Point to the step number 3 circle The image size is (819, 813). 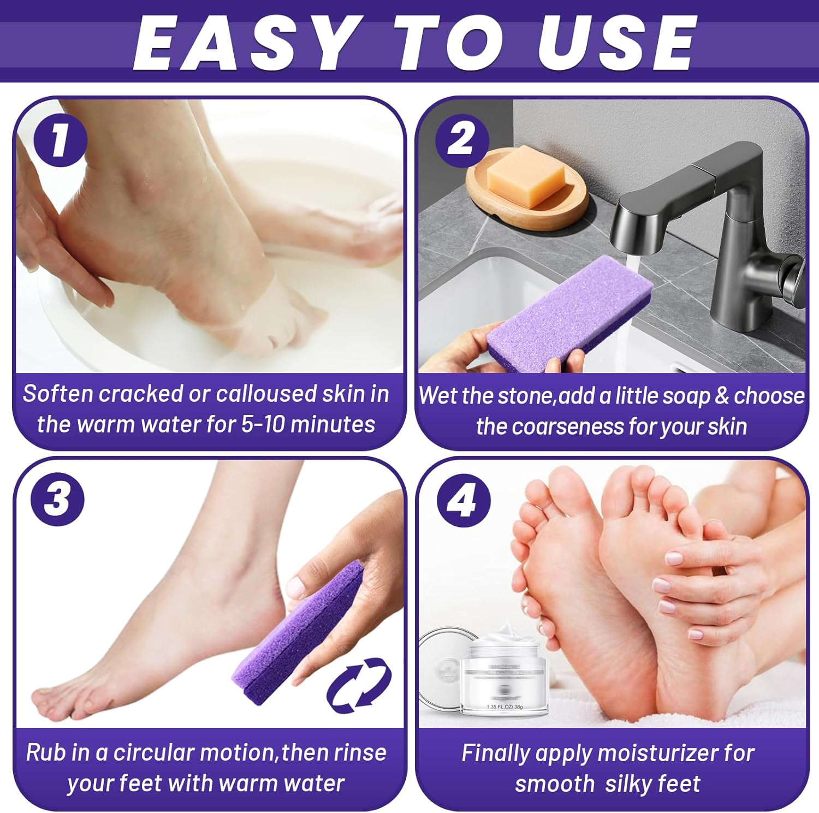[x=57, y=499]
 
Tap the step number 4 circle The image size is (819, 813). [x=464, y=500]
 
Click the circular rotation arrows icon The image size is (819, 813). [x=359, y=685]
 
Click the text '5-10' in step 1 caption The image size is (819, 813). [x=263, y=424]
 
